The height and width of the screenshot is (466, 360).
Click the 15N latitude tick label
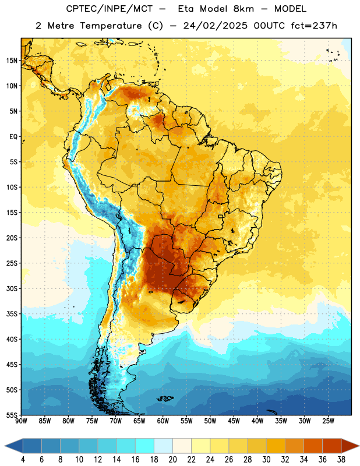(x=12, y=61)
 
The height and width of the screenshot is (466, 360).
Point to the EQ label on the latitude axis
(x=13, y=137)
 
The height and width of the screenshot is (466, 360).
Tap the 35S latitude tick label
(x=12, y=314)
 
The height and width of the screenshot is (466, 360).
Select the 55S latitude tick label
(x=12, y=415)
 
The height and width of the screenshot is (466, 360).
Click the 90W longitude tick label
(x=21, y=421)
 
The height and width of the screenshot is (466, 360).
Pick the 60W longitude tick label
(x=163, y=421)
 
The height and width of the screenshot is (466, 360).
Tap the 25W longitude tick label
(x=328, y=421)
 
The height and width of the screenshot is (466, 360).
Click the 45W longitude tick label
(x=234, y=421)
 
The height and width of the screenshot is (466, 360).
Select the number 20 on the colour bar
(x=172, y=460)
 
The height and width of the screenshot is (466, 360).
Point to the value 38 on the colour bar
(x=341, y=460)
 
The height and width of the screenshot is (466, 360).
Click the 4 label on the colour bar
(x=23, y=460)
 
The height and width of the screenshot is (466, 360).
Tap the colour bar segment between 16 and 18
(x=145, y=446)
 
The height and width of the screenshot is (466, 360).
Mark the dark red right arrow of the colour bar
(x=350, y=446)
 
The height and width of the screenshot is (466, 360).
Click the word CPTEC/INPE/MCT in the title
(x=109, y=9)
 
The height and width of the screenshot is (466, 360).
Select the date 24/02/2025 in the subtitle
(x=215, y=26)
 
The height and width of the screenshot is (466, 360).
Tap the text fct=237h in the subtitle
(x=313, y=26)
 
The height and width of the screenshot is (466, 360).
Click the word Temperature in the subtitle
(x=111, y=26)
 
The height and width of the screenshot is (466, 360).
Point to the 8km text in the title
(x=243, y=9)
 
